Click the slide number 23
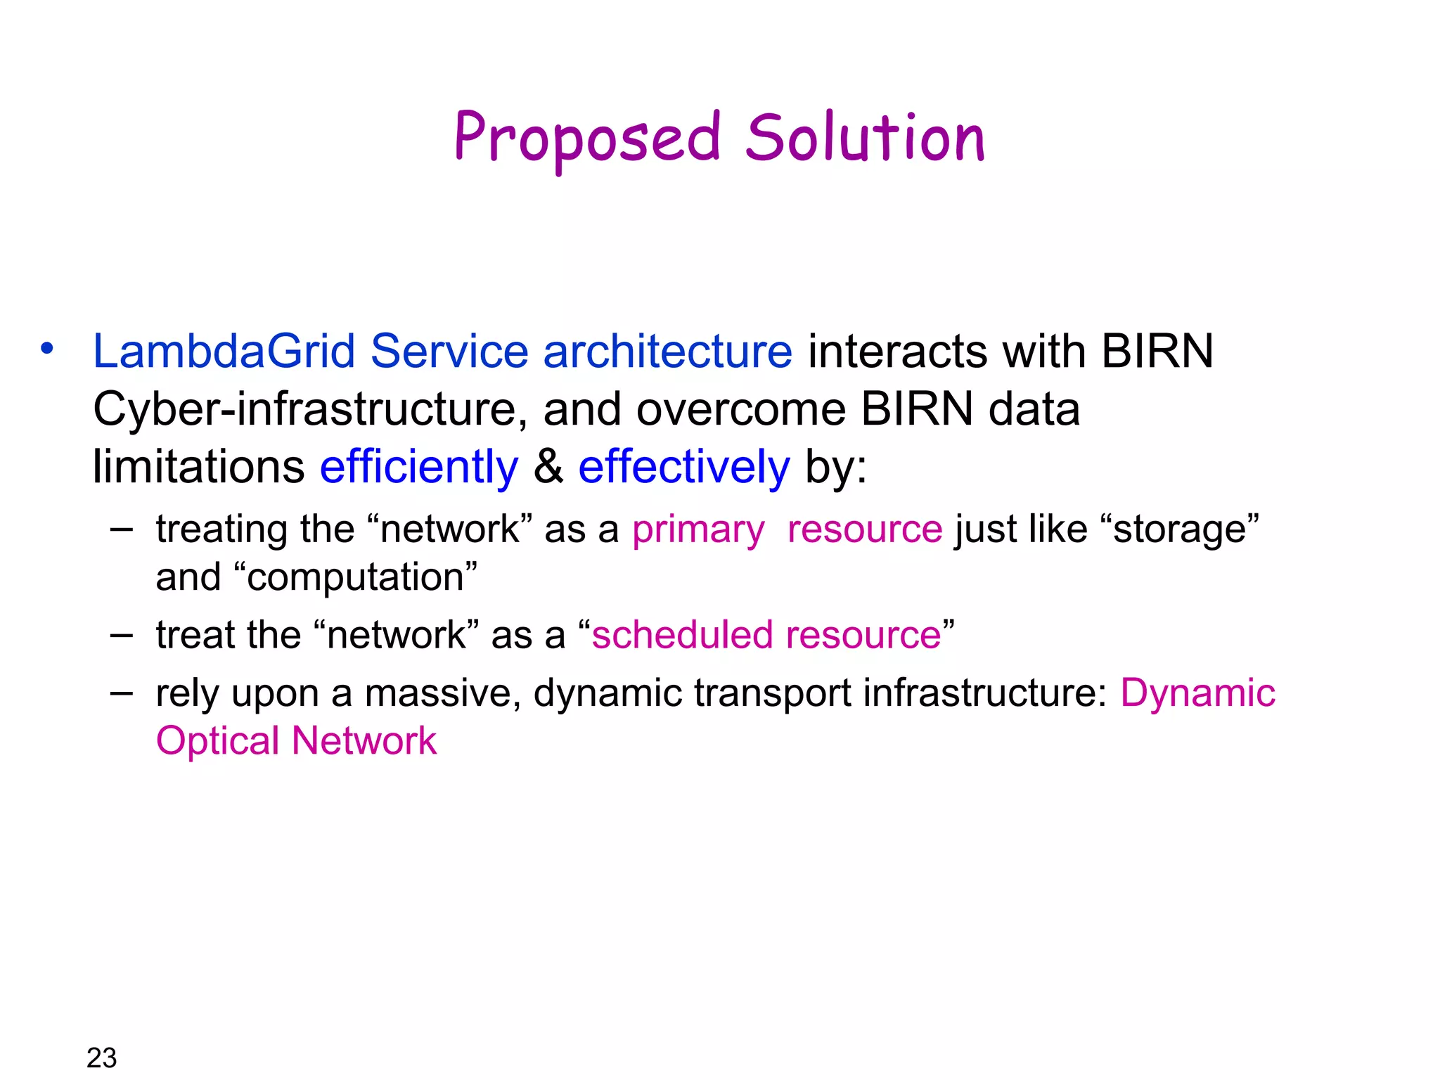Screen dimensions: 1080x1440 101,1057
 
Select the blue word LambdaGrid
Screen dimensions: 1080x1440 224,351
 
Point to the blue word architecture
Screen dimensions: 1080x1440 667,351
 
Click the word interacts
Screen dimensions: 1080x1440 896,351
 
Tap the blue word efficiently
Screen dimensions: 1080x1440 419,467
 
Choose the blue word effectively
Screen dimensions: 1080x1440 683,467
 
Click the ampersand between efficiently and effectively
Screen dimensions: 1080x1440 548,467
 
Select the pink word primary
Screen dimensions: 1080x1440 697,529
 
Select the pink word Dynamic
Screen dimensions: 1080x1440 1197,693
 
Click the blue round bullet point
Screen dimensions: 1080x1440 47,349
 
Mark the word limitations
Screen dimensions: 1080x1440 198,467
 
